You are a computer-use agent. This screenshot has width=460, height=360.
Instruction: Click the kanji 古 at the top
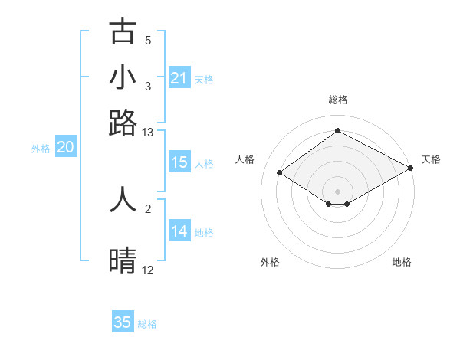123,31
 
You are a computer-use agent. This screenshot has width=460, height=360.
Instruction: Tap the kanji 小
123,77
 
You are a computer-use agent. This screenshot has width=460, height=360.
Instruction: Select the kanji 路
123,123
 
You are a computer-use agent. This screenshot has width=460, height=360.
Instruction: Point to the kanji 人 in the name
123,198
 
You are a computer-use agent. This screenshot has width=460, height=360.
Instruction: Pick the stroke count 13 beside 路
148,133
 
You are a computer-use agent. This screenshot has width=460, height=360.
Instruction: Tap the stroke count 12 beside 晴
148,270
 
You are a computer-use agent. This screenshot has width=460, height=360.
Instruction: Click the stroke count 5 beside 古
148,40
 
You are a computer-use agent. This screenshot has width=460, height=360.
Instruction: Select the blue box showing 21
179,78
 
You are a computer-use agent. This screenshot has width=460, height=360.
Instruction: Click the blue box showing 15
179,162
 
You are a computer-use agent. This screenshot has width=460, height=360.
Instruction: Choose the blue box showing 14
179,232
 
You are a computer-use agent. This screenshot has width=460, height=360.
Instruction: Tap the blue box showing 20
65,148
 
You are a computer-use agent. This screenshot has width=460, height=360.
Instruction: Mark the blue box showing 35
123,322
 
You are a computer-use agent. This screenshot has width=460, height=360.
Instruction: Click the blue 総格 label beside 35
147,324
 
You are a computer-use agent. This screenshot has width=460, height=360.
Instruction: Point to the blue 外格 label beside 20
41,149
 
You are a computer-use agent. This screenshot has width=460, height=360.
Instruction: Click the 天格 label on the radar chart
431,159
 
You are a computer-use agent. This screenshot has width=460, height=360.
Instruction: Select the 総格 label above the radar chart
338,100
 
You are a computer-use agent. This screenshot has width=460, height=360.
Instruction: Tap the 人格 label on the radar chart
245,159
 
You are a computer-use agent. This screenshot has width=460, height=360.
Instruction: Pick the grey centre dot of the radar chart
338,191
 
